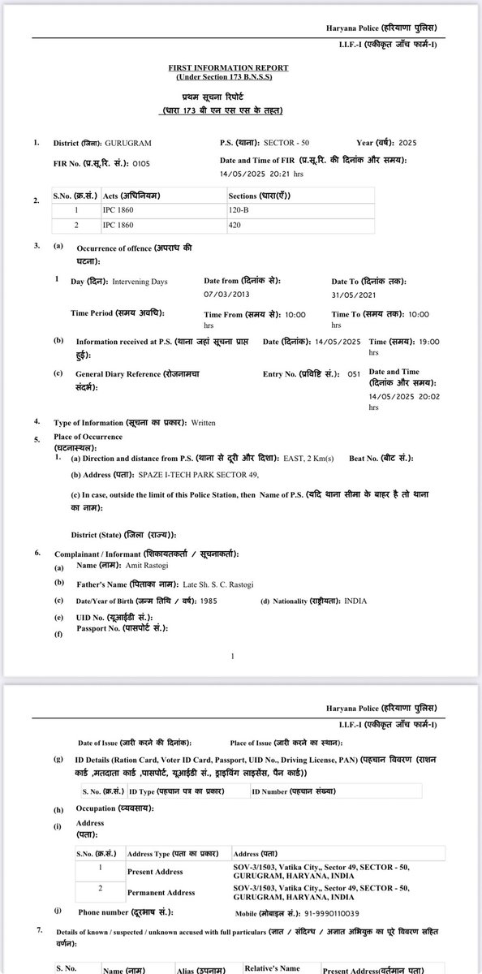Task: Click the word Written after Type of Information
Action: [x=204, y=423]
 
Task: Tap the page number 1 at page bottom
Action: [x=233, y=656]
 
